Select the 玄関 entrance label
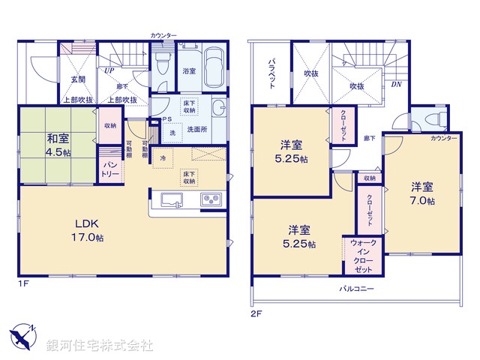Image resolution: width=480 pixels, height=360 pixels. (x=77, y=79)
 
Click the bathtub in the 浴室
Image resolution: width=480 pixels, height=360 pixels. (x=214, y=67)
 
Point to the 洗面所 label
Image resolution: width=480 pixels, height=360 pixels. (x=197, y=128)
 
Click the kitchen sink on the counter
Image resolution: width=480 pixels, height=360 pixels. (x=172, y=201)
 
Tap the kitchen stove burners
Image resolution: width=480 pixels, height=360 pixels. (x=210, y=201)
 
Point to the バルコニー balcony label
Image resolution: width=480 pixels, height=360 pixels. (x=356, y=289)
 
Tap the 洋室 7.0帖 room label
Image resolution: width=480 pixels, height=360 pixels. (x=421, y=193)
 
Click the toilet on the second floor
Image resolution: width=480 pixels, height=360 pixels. (x=433, y=120)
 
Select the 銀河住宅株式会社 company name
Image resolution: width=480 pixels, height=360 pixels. (x=100, y=345)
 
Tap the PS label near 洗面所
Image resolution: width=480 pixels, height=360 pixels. (x=166, y=118)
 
